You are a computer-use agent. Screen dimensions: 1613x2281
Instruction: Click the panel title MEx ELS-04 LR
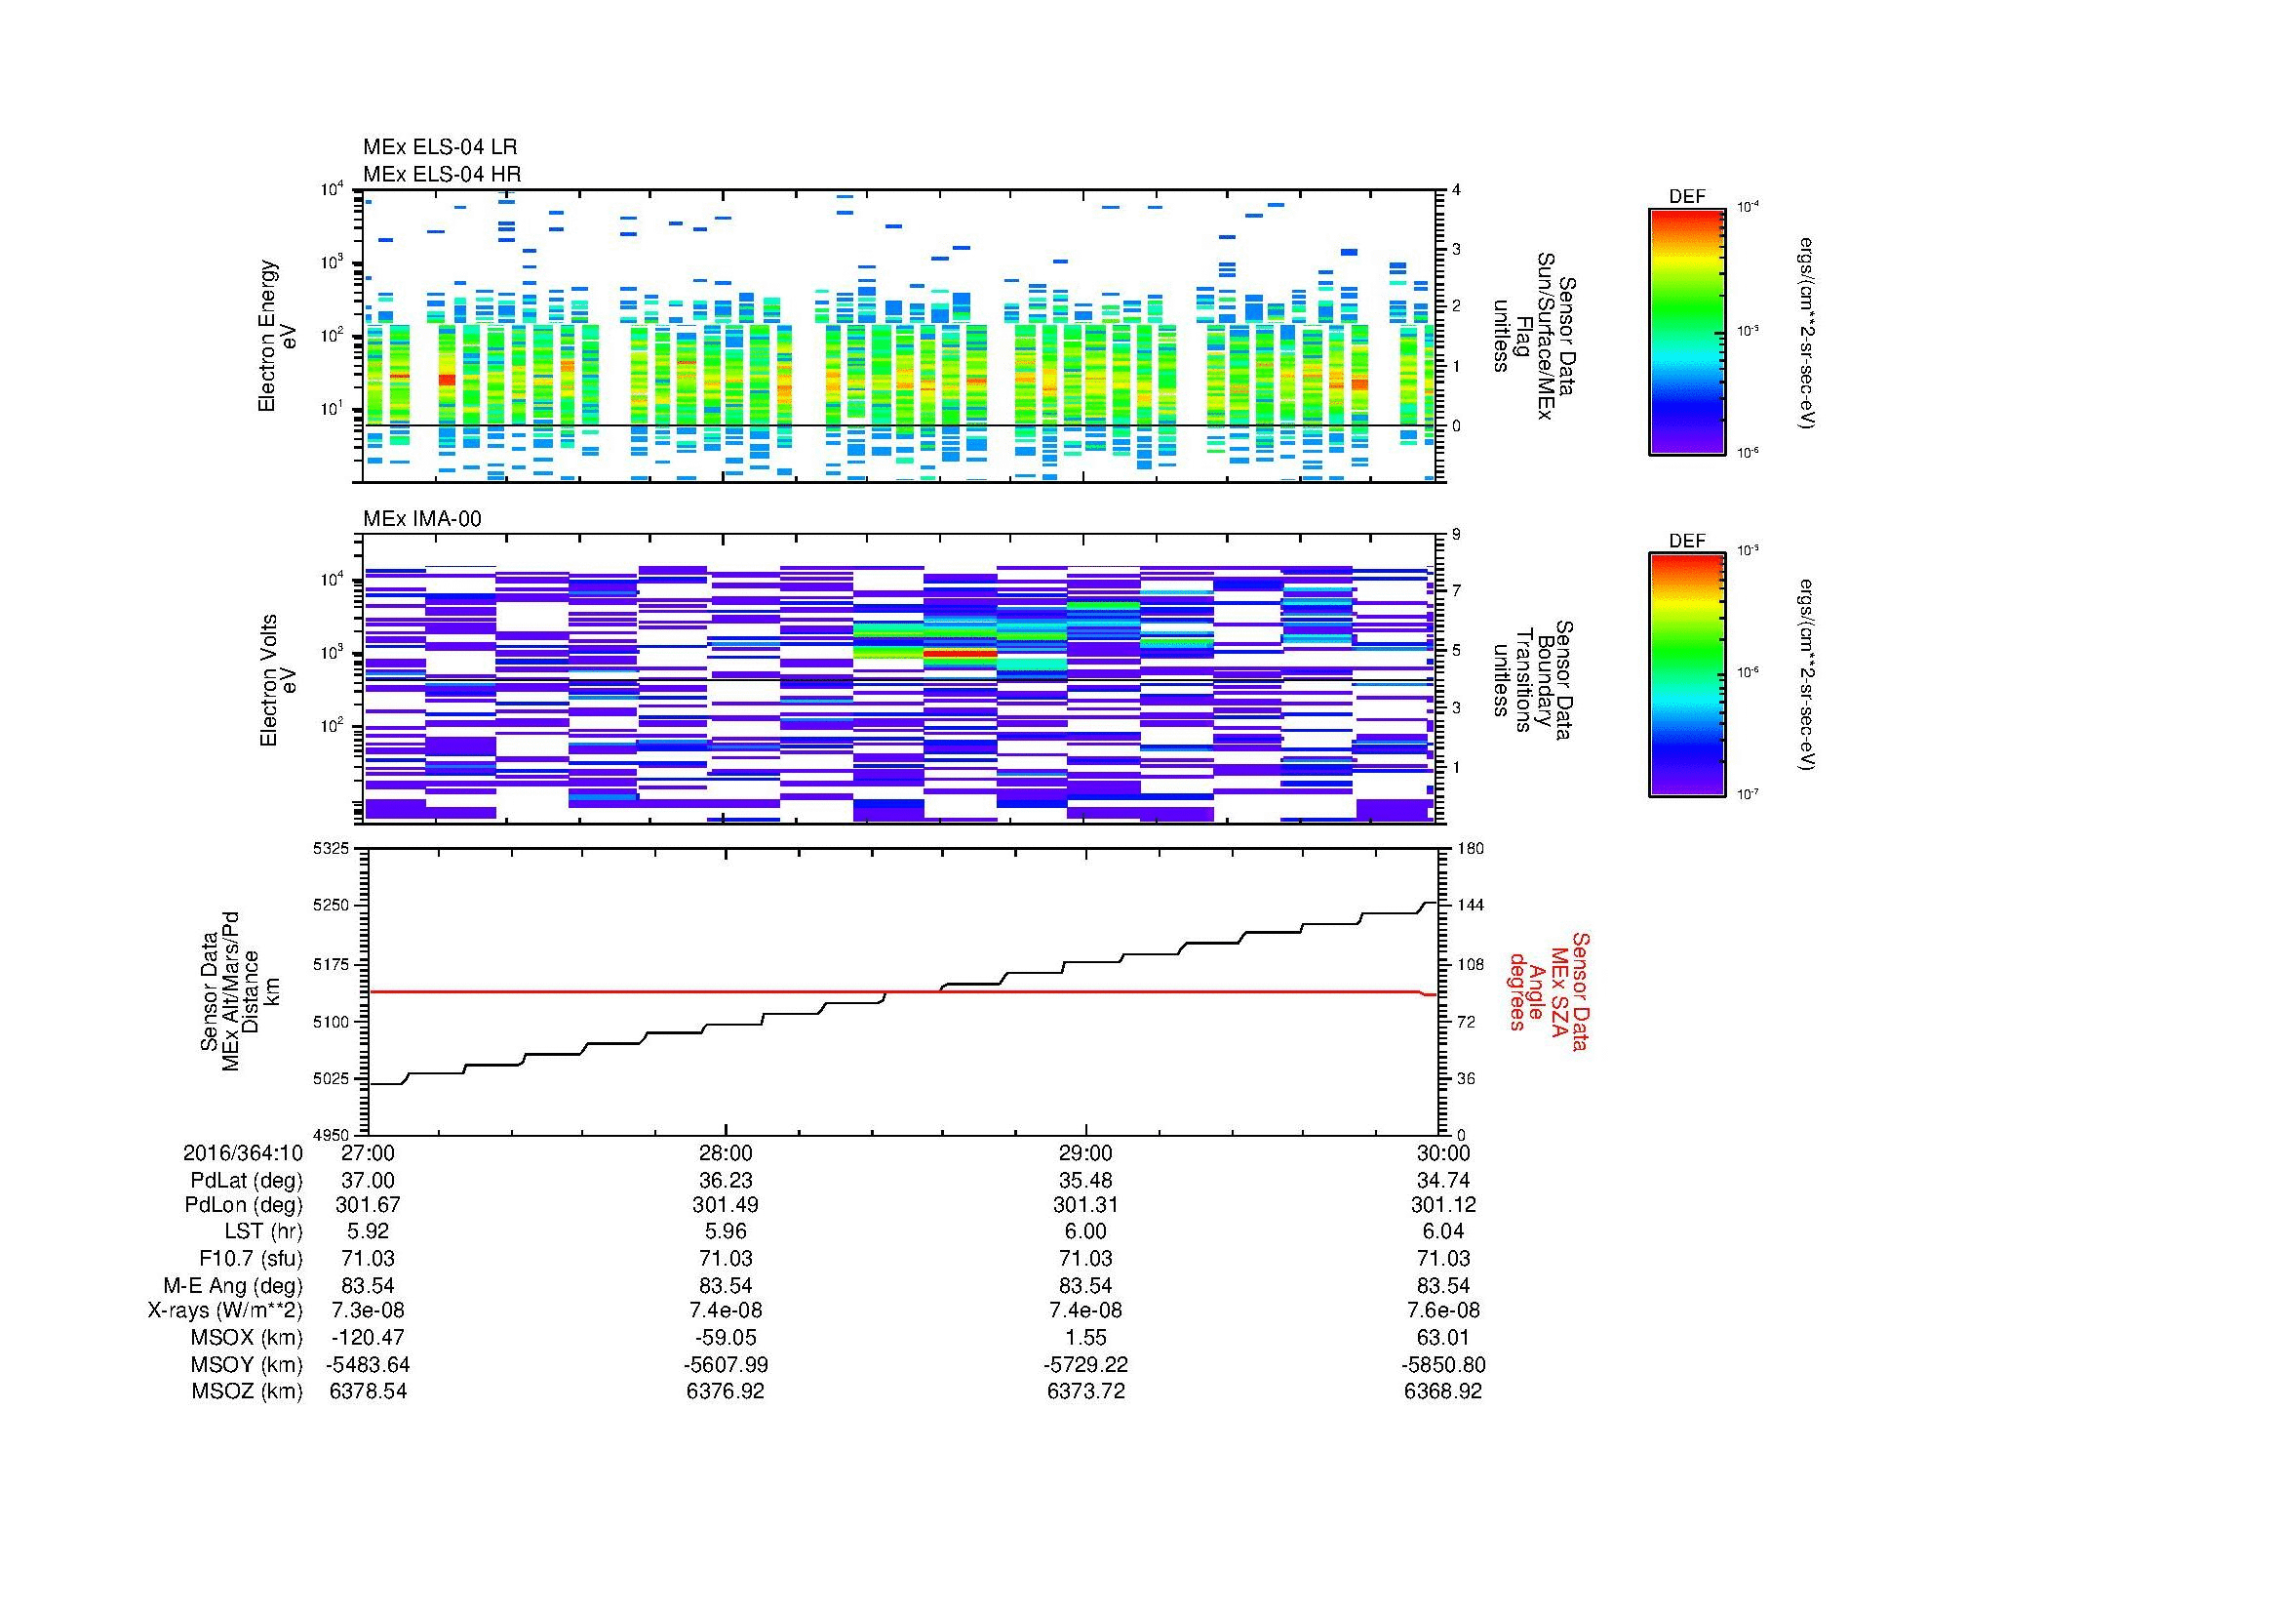click(439, 147)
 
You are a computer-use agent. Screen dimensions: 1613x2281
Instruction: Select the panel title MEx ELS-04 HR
click(441, 174)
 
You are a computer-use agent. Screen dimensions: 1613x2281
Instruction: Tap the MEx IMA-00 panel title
click(421, 519)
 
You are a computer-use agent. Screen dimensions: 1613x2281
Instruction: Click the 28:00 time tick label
click(726, 1153)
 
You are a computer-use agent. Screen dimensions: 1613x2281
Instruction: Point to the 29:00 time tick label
click(1084, 1153)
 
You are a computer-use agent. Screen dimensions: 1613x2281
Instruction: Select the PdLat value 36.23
click(726, 1181)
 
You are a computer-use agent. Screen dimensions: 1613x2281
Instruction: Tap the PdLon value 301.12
click(1442, 1205)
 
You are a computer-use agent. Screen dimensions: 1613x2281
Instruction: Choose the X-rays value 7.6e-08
click(1442, 1311)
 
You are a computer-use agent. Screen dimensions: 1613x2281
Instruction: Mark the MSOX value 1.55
click(1084, 1338)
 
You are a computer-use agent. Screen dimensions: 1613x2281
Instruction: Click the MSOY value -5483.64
click(368, 1364)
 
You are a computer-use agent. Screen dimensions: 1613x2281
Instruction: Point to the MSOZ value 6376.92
click(726, 1391)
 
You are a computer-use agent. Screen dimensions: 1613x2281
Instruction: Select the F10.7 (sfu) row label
click(249, 1258)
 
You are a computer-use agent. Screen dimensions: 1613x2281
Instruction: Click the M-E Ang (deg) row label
click(232, 1285)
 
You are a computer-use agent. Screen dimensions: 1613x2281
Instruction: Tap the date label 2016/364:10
click(243, 1153)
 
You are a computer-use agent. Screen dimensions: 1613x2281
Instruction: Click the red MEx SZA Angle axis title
click(1548, 990)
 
